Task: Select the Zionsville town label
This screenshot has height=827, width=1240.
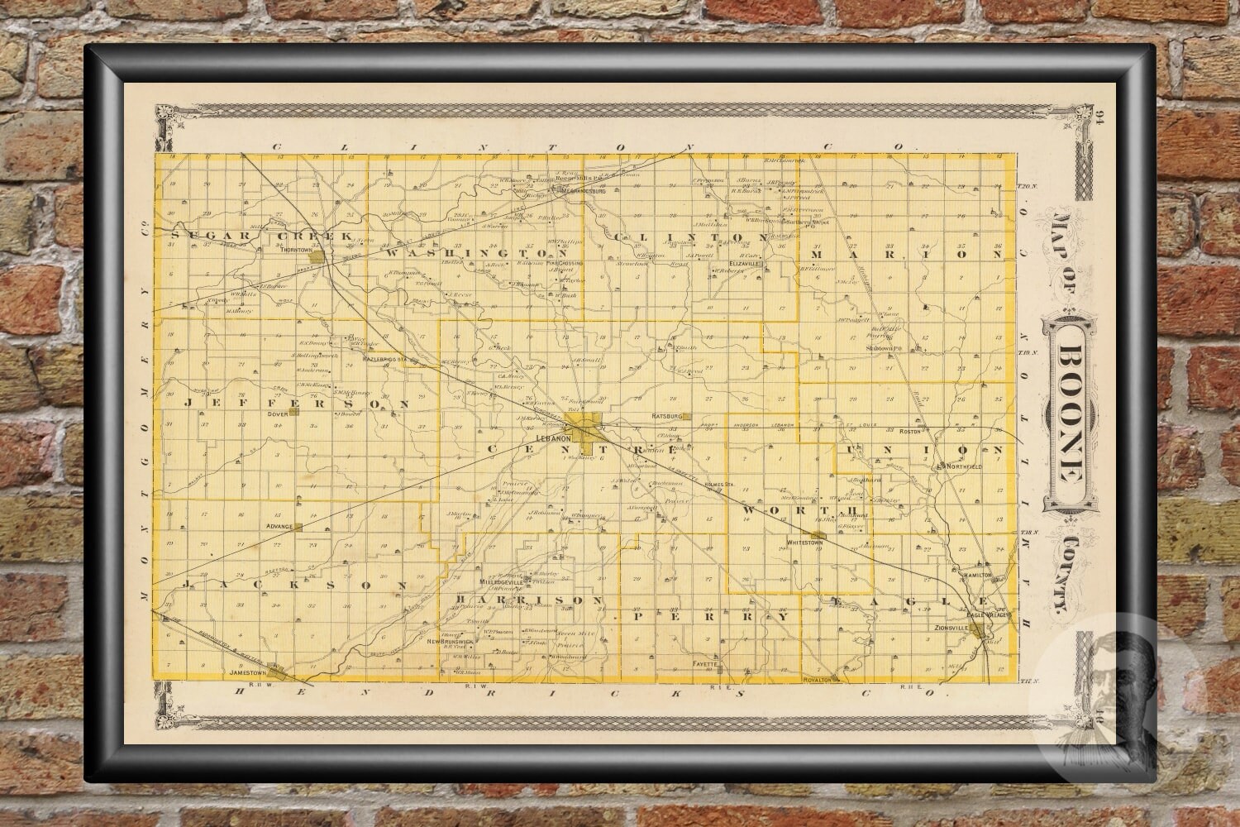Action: tap(947, 629)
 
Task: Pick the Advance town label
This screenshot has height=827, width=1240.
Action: tap(272, 526)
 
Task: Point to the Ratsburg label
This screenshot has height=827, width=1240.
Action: tap(665, 417)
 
